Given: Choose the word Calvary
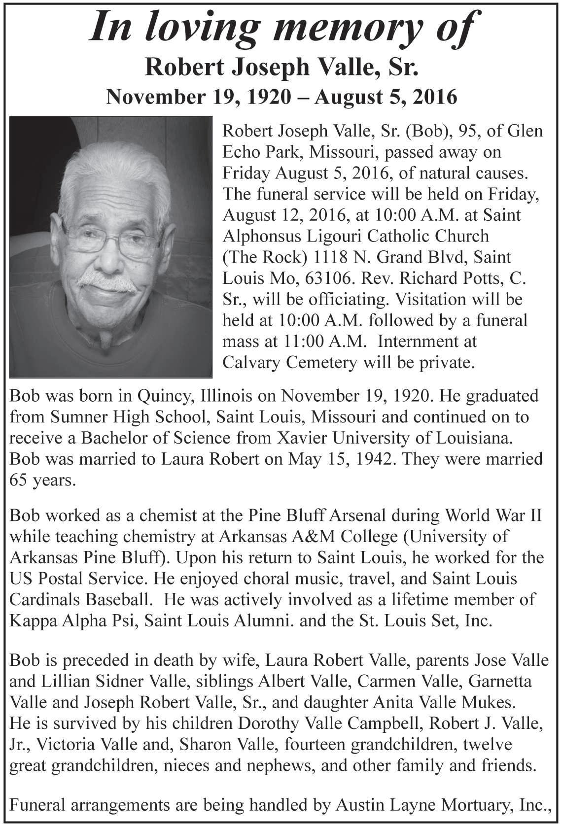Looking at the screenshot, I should [251, 363].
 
